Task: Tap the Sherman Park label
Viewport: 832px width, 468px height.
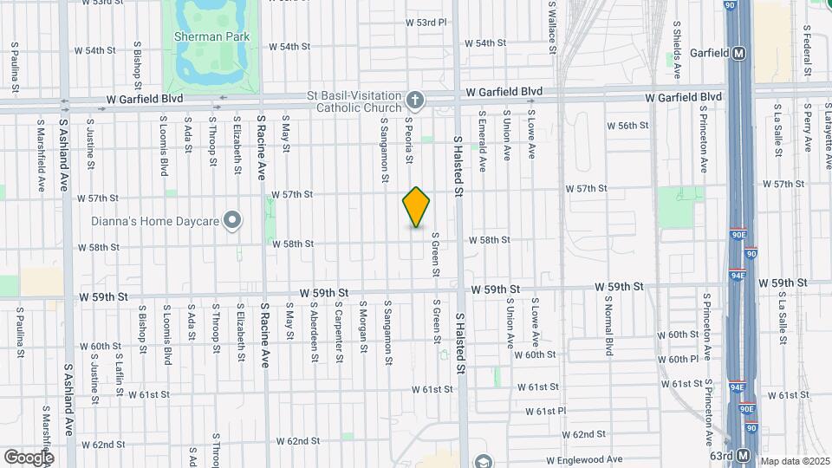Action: click(x=211, y=36)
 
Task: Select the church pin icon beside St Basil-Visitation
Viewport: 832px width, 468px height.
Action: click(x=415, y=101)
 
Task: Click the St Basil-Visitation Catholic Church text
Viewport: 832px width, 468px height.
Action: click(x=358, y=101)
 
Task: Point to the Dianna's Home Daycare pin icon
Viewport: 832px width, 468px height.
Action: click(x=232, y=222)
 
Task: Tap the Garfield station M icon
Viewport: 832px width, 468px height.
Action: click(x=739, y=53)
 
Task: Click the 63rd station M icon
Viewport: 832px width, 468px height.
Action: click(x=743, y=456)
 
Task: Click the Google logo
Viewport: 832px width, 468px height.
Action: click(x=28, y=457)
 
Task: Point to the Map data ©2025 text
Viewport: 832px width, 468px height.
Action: click(x=794, y=461)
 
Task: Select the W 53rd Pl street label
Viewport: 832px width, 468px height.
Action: click(x=426, y=22)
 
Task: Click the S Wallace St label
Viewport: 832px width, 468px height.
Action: click(x=551, y=26)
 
